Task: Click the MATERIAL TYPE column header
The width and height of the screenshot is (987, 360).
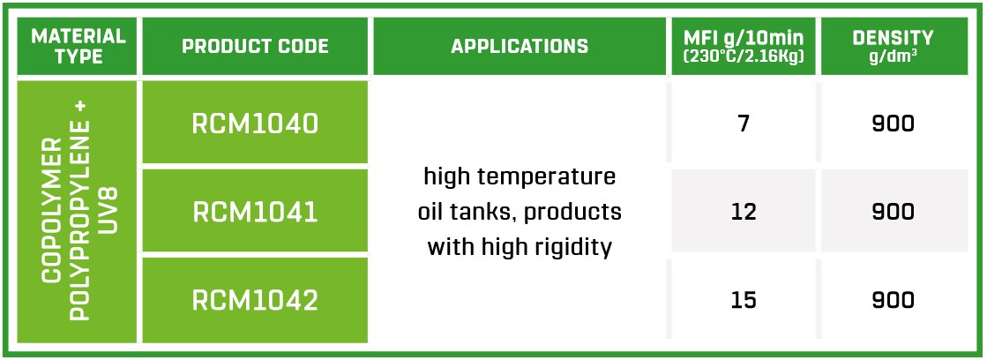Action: [x=78, y=46]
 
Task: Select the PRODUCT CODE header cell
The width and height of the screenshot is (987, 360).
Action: [x=255, y=46]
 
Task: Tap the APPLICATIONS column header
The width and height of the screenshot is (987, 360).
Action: [x=520, y=46]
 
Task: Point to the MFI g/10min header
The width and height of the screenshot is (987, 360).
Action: [x=744, y=46]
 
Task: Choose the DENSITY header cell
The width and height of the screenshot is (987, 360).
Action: [x=894, y=46]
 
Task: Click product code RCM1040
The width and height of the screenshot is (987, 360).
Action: [x=255, y=124]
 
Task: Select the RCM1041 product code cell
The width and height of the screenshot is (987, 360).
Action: [x=255, y=212]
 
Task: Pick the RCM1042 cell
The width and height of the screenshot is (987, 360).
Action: [x=255, y=300]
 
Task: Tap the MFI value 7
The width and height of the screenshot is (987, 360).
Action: [x=744, y=124]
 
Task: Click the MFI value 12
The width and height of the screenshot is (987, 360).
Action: [x=744, y=212]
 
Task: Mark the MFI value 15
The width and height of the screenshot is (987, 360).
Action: [x=744, y=300]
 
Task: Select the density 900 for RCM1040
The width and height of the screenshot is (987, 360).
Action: [x=894, y=124]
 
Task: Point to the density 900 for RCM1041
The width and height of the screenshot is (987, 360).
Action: [x=894, y=212]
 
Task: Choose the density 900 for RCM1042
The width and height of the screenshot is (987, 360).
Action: [x=894, y=300]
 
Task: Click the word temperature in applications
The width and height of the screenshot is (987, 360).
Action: [x=550, y=176]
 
